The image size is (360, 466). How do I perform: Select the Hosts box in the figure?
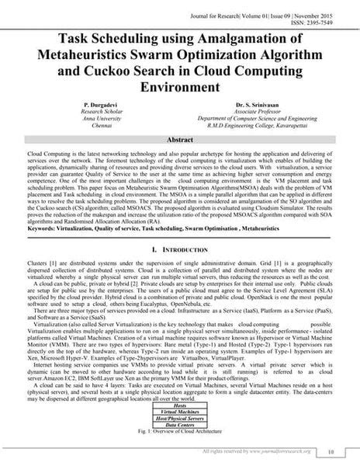180,405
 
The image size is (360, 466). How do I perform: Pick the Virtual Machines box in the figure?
180,411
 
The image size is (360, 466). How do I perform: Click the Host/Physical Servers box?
180,419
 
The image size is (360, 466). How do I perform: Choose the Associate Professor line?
258,110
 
